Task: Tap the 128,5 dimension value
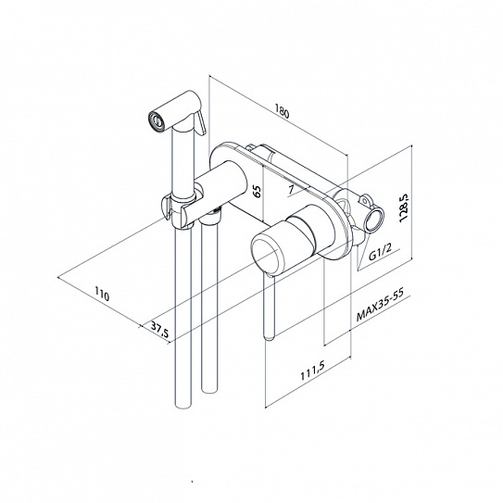(403, 207)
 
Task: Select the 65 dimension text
(258, 191)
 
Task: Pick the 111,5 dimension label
(313, 371)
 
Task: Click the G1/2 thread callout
(380, 252)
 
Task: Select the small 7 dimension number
(291, 190)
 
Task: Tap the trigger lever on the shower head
(201, 122)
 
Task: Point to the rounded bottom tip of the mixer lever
(270, 337)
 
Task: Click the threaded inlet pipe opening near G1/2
(374, 219)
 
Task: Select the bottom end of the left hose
(183, 405)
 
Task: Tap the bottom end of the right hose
(209, 390)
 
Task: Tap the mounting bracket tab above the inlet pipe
(366, 199)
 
